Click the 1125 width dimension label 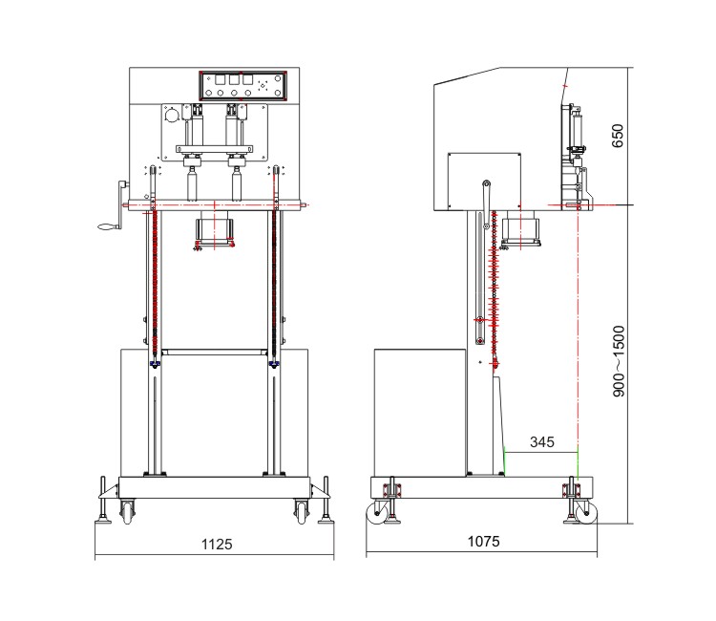tap(217, 545)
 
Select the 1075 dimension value tap(484, 542)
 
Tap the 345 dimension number tap(542, 442)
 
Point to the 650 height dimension tap(618, 136)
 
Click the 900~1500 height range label tap(619, 361)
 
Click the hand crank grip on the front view tap(110, 226)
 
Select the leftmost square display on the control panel tap(221, 79)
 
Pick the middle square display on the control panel tap(234, 79)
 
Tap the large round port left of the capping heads tap(172, 116)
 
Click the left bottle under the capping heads tap(192, 183)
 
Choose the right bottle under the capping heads tap(237, 183)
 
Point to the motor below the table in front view tap(214, 231)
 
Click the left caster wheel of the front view tap(127, 511)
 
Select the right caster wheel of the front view tap(301, 511)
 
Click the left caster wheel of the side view tap(378, 513)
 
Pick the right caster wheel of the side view tap(586, 513)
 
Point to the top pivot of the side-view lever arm tap(486, 183)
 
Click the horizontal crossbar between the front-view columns tap(215, 353)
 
